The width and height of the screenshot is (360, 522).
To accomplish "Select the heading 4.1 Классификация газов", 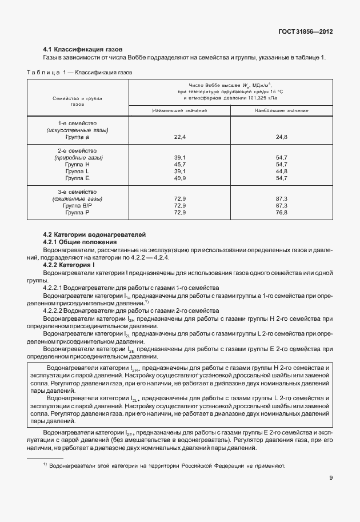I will [x=83, y=49].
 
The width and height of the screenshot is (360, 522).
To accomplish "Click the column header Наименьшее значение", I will [x=180, y=109].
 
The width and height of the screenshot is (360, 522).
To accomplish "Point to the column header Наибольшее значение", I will [x=281, y=109].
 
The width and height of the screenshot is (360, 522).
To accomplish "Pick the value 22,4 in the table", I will [x=180, y=137].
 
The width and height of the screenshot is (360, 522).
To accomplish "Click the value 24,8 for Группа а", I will [x=281, y=137].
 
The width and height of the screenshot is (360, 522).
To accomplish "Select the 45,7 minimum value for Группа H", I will [x=180, y=164].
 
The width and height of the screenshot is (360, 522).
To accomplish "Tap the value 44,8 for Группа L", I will [x=281, y=171].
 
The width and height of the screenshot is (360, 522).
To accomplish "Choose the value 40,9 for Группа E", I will [x=180, y=178].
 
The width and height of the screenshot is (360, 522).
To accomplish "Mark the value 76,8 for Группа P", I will [x=281, y=212].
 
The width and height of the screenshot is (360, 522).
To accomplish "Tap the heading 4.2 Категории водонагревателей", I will [x=95, y=235].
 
